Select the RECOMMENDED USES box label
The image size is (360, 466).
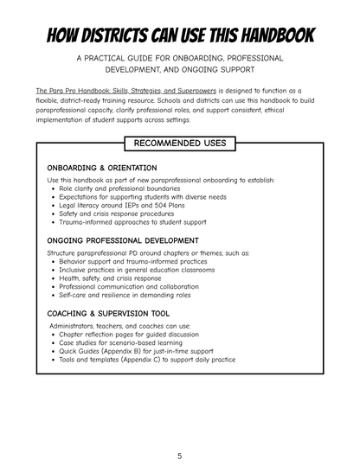[179, 143]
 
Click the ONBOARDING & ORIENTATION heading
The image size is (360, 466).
[103, 168]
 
